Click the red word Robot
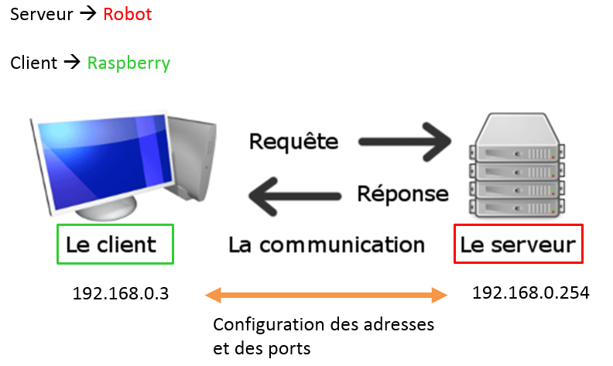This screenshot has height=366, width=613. pyautogui.click(x=128, y=14)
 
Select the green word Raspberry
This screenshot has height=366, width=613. pyautogui.click(x=128, y=63)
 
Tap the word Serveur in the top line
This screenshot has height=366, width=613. pyautogui.click(x=42, y=15)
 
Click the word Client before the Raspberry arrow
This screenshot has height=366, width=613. pyautogui.click(x=33, y=63)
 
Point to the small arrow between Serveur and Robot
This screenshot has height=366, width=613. pyautogui.click(x=88, y=14)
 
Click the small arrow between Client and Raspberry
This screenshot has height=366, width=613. pyautogui.click(x=72, y=62)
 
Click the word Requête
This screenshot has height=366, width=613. pyautogui.click(x=293, y=141)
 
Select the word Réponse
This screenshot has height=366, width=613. pyautogui.click(x=402, y=194)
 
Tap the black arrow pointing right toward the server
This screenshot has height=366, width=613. pyautogui.click(x=405, y=142)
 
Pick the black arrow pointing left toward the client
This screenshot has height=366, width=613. pyautogui.click(x=295, y=197)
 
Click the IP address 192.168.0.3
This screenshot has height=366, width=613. pyautogui.click(x=121, y=294)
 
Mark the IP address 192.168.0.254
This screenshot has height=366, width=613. pyautogui.click(x=530, y=293)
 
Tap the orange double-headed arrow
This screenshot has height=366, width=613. pyautogui.click(x=326, y=296)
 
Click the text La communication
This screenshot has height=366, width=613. pyautogui.click(x=327, y=245)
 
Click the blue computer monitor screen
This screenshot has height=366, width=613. pyautogui.click(x=105, y=161)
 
